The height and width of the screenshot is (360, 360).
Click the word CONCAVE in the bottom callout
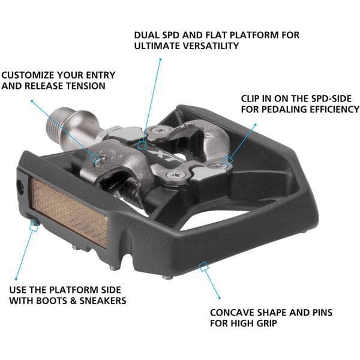click(233, 313)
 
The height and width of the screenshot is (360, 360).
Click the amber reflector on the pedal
click(70, 211)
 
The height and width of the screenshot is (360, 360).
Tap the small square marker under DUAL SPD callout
click(142, 144)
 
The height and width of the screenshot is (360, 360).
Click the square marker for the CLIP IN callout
click(230, 160)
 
